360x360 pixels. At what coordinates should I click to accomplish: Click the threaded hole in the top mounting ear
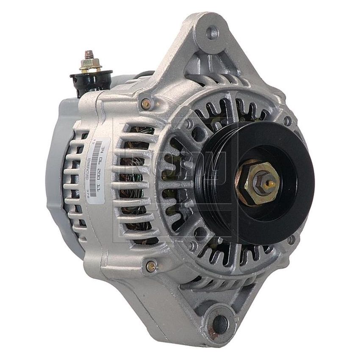point(212,32)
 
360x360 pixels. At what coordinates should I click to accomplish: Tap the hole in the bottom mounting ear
point(220,324)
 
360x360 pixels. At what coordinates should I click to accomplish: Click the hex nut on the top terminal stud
point(90,64)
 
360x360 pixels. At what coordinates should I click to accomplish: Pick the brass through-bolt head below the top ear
point(146,103)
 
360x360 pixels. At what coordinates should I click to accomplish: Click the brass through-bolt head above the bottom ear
point(151,266)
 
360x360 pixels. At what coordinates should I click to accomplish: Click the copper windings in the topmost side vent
point(136,131)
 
